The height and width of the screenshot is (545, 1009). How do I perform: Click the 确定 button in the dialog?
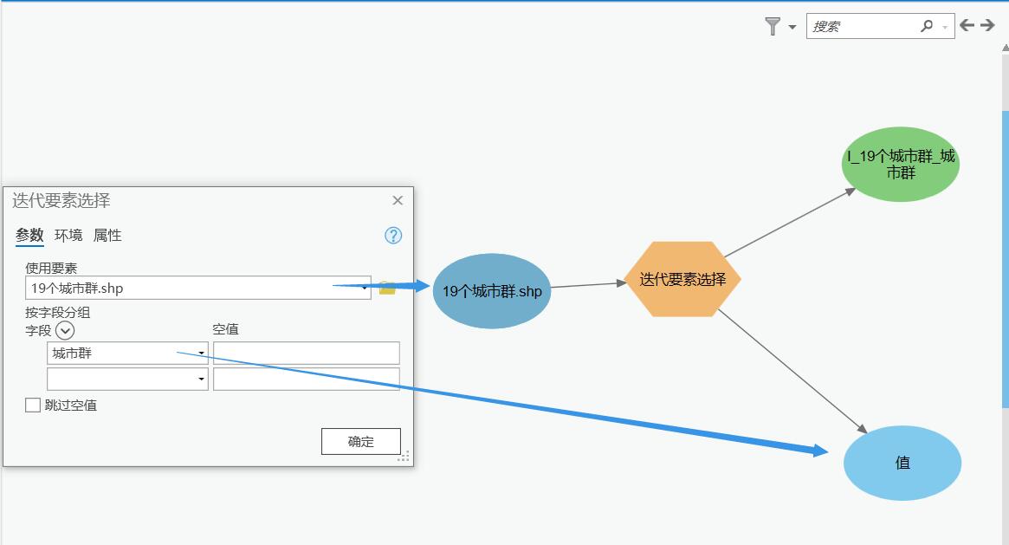point(360,441)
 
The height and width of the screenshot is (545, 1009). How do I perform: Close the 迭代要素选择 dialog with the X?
point(398,200)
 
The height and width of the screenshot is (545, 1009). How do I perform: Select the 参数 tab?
point(29,235)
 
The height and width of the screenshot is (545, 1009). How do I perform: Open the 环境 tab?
point(68,235)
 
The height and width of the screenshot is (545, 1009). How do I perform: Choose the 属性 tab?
point(107,235)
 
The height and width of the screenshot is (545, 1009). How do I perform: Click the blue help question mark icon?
point(393,236)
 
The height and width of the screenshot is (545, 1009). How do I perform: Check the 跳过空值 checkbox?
point(33,405)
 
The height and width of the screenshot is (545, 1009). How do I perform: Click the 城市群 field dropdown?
point(127,353)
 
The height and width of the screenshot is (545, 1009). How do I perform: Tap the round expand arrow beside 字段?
point(65,330)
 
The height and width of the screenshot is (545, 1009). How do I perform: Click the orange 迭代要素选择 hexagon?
point(682,279)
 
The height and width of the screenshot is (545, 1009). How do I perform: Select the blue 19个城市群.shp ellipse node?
point(492,291)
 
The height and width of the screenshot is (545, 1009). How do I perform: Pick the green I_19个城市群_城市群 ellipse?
point(901,164)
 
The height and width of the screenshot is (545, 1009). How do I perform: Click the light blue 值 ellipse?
point(902,463)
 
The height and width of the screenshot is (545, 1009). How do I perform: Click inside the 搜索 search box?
point(862,27)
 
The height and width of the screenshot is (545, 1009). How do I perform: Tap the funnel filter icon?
point(773,27)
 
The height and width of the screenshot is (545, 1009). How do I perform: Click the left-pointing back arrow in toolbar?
point(967,26)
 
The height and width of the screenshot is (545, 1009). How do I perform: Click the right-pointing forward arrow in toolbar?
point(987,26)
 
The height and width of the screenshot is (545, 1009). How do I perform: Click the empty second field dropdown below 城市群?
point(127,379)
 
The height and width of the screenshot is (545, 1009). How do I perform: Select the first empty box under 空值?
point(307,353)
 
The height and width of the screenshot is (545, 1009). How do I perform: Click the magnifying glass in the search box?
point(927,27)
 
